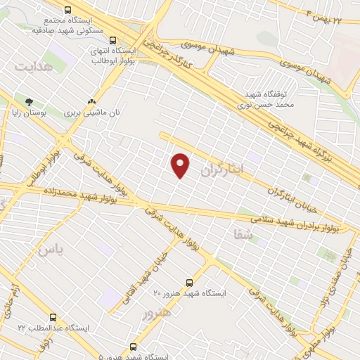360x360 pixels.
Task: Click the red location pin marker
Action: (181, 165)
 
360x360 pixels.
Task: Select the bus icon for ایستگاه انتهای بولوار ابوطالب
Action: (114, 39)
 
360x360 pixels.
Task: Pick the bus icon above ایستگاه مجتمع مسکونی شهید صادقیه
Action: (67, 10)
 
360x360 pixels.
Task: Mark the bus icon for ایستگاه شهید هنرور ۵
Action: (134, 346)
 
